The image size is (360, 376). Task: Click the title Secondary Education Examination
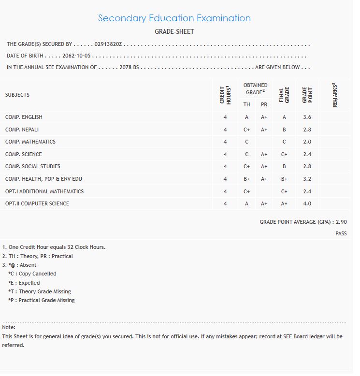[174, 18]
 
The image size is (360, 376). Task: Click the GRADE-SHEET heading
[174, 32]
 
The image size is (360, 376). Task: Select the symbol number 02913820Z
[110, 44]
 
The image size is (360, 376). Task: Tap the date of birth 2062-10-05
[76, 56]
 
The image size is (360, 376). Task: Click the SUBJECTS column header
[17, 95]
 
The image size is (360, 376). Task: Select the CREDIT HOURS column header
[225, 95]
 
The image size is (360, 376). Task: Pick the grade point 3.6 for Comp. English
[307, 117]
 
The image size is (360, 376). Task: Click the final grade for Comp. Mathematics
[284, 142]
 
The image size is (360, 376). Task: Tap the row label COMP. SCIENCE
[24, 155]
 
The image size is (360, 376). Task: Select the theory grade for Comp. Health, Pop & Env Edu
[246, 179]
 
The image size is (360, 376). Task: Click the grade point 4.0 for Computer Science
[307, 204]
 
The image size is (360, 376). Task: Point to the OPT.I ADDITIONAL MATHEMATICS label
[44, 191]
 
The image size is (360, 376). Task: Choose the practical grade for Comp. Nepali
[264, 130]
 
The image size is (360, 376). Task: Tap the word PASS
[341, 234]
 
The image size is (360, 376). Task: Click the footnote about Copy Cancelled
[32, 274]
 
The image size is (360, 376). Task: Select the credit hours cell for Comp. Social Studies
[225, 167]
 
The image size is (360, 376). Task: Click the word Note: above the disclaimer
[9, 328]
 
